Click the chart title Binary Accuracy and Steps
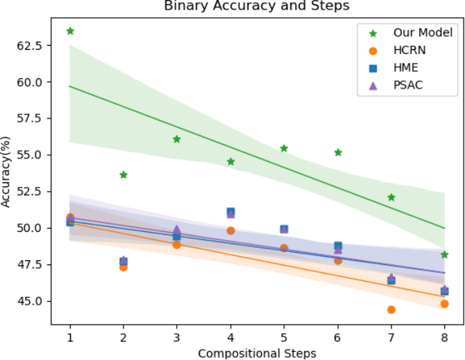pyautogui.click(x=257, y=6)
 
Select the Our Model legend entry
pyautogui.click(x=411, y=33)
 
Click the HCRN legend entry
pyautogui.click(x=397, y=51)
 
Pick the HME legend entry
pyautogui.click(x=394, y=68)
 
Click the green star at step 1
pyautogui.click(x=70, y=31)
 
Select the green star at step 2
pyautogui.click(x=123, y=175)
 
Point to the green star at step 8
pyautogui.click(x=444, y=255)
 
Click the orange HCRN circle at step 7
pyautogui.click(x=391, y=309)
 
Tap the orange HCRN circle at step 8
pyautogui.click(x=444, y=304)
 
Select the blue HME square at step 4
pyautogui.click(x=231, y=212)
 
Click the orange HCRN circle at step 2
pyautogui.click(x=123, y=267)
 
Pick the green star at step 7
pyautogui.click(x=391, y=197)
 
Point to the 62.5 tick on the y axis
pyautogui.click(x=30, y=46)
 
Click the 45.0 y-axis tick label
pyautogui.click(x=30, y=301)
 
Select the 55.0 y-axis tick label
pyautogui.click(x=30, y=155)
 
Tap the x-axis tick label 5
pyautogui.click(x=284, y=338)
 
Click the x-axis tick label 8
pyautogui.click(x=444, y=338)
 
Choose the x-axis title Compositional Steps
pyautogui.click(x=257, y=354)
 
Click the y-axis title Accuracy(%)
pyautogui.click(x=6, y=172)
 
